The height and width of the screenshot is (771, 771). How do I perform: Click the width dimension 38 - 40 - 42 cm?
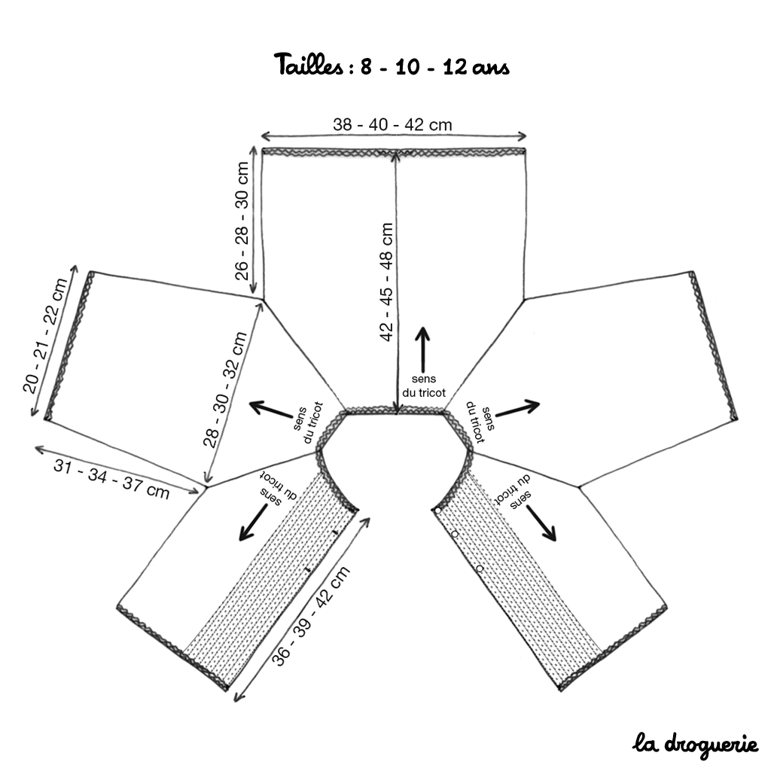(x=392, y=124)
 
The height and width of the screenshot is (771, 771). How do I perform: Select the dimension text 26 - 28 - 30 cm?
(x=242, y=221)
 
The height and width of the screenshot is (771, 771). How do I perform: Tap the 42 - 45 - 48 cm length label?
(x=386, y=282)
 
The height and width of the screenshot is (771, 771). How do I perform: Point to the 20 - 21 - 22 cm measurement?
(x=45, y=335)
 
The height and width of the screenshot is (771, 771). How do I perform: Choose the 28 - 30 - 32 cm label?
(x=224, y=389)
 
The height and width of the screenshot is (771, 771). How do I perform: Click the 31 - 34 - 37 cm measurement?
(x=111, y=478)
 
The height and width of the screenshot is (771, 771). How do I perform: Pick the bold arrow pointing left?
(x=271, y=410)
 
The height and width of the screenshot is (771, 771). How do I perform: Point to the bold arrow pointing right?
(x=518, y=407)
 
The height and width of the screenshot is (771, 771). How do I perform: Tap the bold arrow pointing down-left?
(x=253, y=523)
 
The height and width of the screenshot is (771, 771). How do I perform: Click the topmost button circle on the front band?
(x=437, y=510)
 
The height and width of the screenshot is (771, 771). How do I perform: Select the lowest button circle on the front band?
(x=480, y=569)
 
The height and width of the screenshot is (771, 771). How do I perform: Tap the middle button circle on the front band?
(x=455, y=534)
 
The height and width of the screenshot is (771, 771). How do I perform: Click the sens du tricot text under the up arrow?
(x=423, y=386)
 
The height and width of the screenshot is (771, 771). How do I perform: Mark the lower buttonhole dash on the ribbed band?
(x=308, y=569)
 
